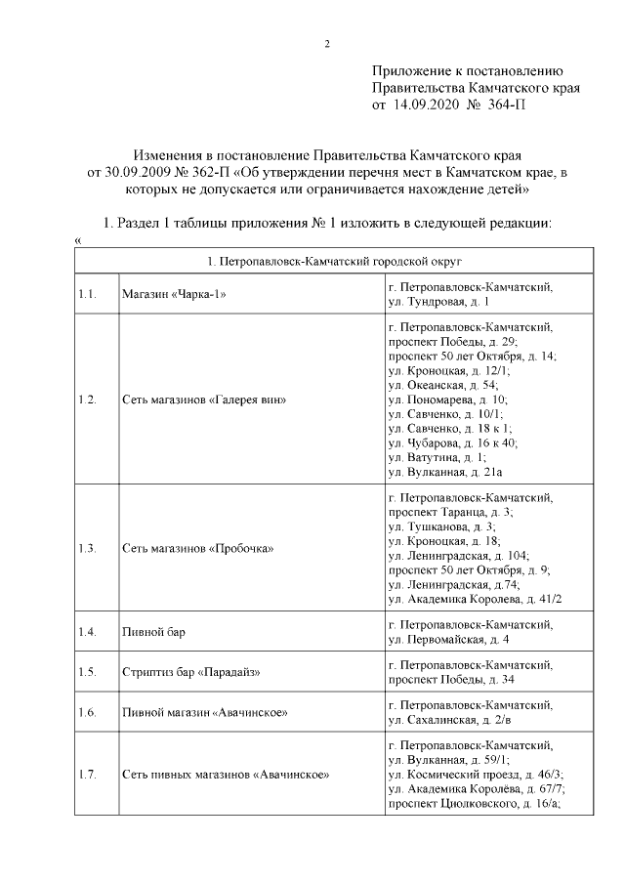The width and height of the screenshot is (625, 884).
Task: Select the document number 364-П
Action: click(505, 104)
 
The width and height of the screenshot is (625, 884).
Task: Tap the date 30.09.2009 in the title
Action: click(128, 172)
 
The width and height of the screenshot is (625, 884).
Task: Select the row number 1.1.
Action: click(87, 295)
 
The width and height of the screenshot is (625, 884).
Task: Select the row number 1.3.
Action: click(87, 548)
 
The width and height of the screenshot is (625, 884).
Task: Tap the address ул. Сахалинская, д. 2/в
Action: click(450, 720)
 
